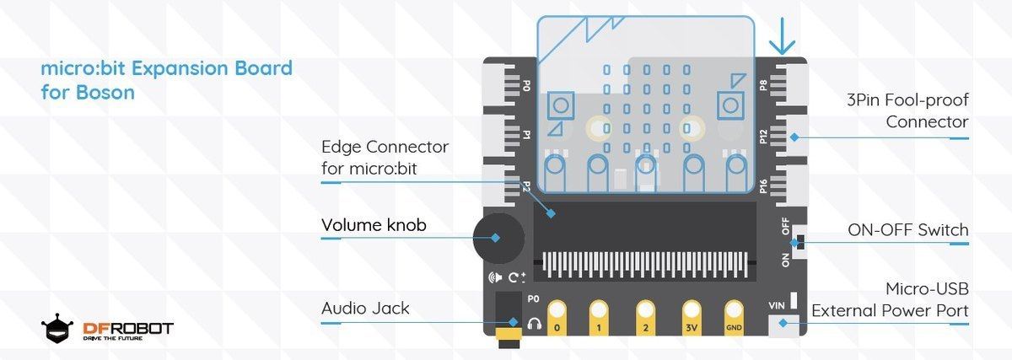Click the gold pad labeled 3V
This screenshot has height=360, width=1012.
coord(692,319)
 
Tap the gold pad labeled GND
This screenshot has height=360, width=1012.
coord(734,319)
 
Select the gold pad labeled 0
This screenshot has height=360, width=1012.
coord(557,319)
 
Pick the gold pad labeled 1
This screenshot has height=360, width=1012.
coord(599,319)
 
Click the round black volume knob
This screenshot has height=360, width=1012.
coord(498,238)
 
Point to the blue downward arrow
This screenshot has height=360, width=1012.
coord(782,36)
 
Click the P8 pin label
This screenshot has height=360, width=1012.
coord(763,85)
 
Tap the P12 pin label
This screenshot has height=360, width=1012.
coord(763,137)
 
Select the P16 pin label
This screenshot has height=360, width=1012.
coord(763,186)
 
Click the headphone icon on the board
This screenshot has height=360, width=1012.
coord(535,324)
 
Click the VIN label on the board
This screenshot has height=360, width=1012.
coord(777,306)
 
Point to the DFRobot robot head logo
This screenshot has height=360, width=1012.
coord(57,328)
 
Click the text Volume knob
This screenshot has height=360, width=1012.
coord(374,225)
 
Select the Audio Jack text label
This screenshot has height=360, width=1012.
coord(365,309)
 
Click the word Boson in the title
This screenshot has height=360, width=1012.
coord(105,93)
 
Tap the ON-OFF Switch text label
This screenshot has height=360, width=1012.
coord(908,230)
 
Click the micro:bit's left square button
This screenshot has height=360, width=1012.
coord(561,105)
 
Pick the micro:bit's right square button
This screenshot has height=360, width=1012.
coord(730,105)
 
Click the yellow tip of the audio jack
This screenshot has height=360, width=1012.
coord(509,334)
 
